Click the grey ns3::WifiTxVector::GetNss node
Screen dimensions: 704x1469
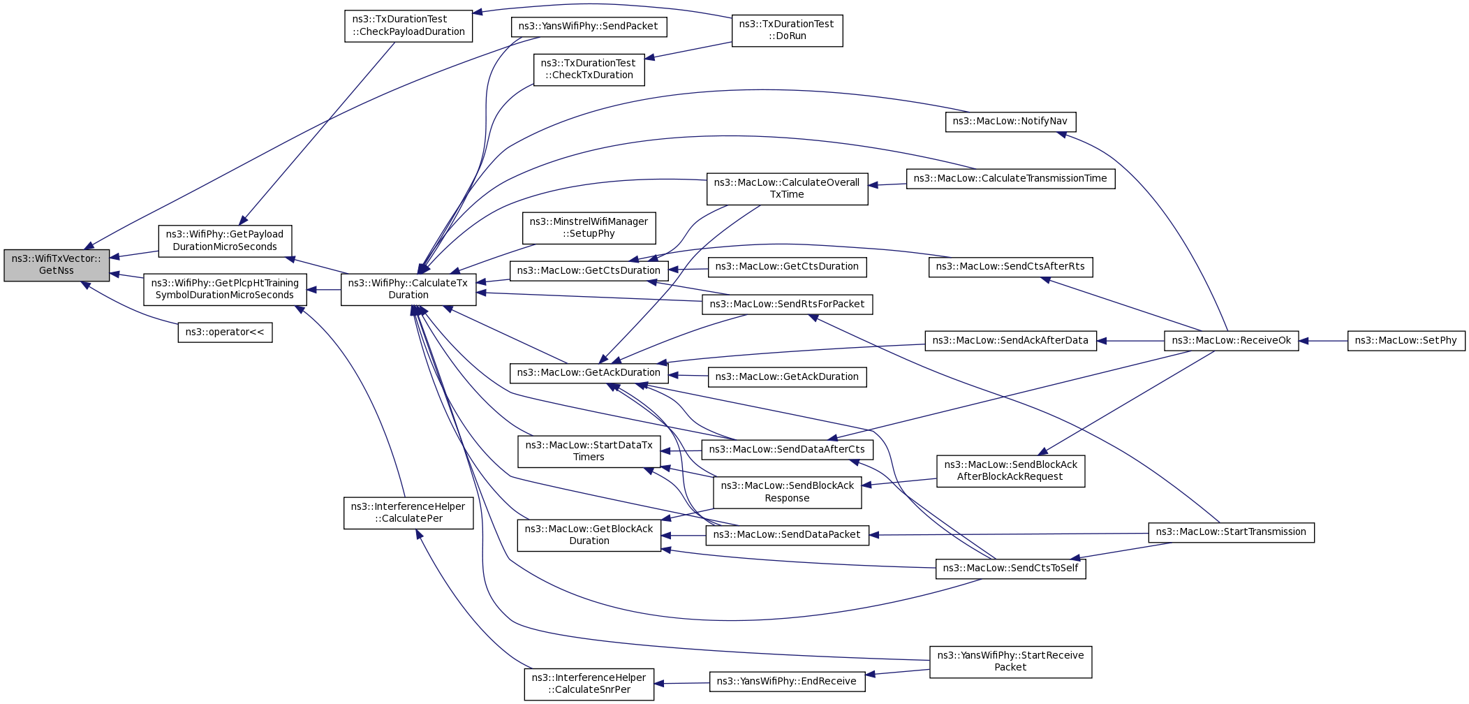(57, 265)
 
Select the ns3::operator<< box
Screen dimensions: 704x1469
(225, 332)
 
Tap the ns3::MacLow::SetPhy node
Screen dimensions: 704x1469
(1405, 341)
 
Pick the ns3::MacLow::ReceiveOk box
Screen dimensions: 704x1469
(1231, 341)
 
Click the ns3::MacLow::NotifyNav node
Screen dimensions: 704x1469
(1010, 122)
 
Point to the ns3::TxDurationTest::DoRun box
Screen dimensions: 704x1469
(787, 30)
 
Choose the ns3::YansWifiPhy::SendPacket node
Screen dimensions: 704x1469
(588, 27)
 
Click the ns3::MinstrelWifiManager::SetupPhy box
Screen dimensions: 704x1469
(589, 228)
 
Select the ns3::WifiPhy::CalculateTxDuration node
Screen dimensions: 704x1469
(408, 289)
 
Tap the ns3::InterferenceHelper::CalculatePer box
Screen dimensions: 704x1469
(408, 513)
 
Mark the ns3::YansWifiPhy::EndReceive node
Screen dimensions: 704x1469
(787, 682)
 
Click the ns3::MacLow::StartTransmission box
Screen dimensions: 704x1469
(1231, 532)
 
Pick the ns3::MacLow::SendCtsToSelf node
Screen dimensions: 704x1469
(1010, 569)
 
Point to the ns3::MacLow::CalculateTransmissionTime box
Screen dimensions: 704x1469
(1010, 179)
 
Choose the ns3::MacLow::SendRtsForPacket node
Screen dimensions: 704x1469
(787, 305)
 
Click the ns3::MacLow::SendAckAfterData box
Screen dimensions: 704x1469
(1010, 341)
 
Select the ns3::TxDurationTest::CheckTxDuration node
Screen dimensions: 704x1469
(589, 69)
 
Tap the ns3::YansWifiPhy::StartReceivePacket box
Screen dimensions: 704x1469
(1010, 661)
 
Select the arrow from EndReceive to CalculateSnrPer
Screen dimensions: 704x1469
(681, 683)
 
